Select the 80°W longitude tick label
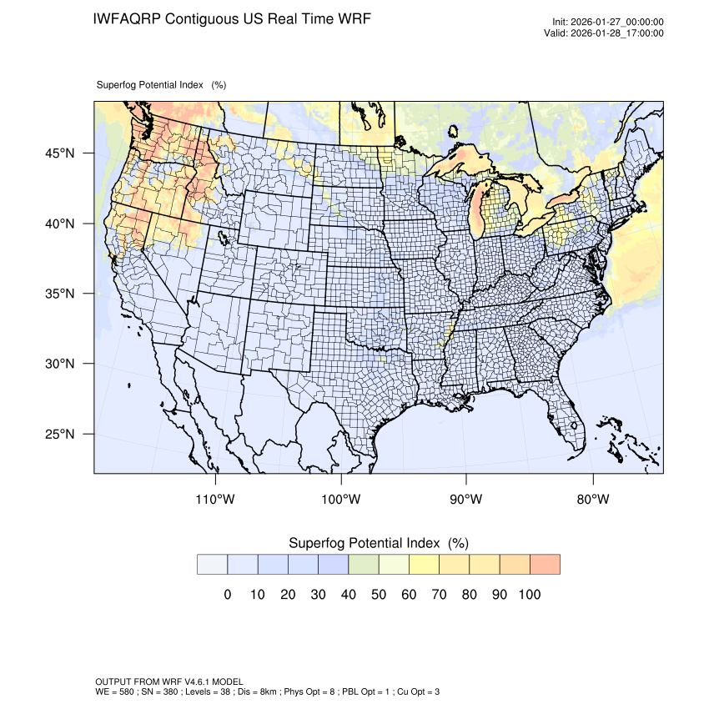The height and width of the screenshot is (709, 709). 592,500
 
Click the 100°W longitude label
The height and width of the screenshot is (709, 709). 341,500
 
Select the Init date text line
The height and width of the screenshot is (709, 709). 608,23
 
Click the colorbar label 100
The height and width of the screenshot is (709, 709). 530,595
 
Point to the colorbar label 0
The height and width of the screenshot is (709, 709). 227,595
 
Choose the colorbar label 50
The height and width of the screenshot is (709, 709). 379,595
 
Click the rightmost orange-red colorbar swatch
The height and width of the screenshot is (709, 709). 545,564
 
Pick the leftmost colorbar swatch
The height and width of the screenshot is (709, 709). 212,564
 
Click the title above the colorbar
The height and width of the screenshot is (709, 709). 378,543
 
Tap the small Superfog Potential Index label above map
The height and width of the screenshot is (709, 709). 161,85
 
